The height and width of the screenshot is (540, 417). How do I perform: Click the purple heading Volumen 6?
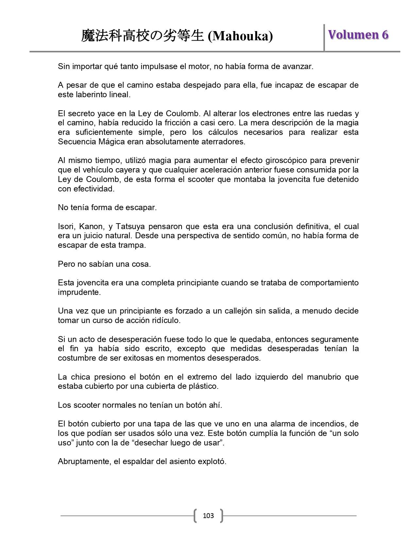(x=358, y=35)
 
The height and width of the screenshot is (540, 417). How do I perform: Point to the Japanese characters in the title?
(x=143, y=36)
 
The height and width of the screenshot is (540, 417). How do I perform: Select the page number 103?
(x=208, y=516)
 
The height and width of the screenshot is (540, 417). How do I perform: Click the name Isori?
(x=66, y=226)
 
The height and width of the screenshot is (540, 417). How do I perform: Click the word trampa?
(x=132, y=245)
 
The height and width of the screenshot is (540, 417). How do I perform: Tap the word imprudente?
(x=79, y=292)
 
